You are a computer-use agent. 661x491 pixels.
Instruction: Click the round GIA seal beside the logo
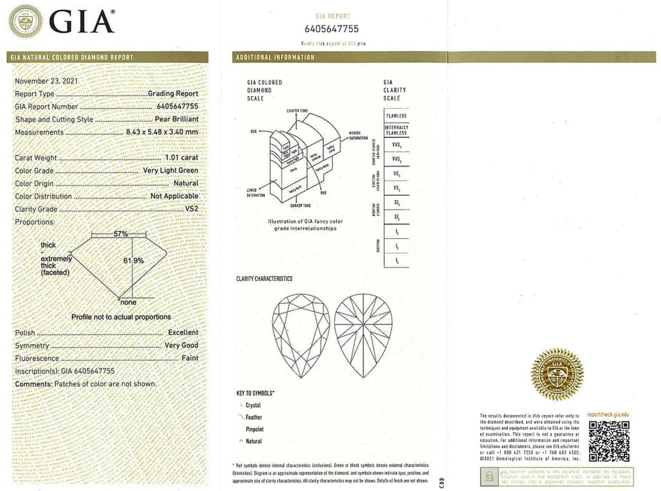(x=25, y=21)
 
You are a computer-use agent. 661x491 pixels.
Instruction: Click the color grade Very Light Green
(x=170, y=171)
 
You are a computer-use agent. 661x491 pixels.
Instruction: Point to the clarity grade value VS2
(x=191, y=209)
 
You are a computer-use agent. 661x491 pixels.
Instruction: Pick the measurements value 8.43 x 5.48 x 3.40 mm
(x=162, y=132)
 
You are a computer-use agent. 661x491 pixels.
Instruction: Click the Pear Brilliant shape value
(x=176, y=120)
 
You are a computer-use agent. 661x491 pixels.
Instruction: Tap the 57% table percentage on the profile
(x=120, y=233)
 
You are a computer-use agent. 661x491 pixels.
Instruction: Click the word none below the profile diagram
(x=128, y=302)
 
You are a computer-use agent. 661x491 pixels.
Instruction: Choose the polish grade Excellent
(x=183, y=332)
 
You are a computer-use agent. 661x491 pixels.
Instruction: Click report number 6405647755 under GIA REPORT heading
(x=331, y=29)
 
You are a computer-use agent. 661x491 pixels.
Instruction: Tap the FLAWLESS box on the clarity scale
(x=396, y=115)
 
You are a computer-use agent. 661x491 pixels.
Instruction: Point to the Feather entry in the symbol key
(x=253, y=418)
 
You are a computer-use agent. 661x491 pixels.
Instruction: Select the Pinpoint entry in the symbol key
(x=254, y=430)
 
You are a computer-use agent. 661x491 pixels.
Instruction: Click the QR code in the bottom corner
(x=609, y=440)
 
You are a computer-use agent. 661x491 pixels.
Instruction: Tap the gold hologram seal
(x=557, y=374)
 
